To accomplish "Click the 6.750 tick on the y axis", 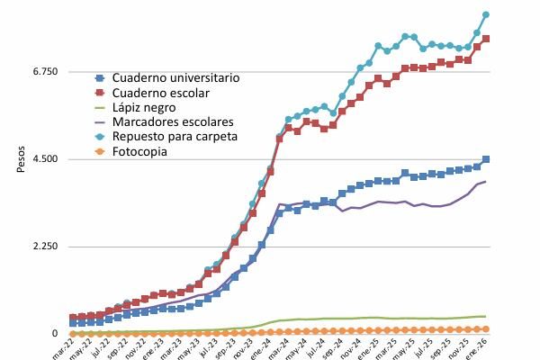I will click(x=44, y=71).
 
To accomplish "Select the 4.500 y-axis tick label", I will click(x=44, y=159).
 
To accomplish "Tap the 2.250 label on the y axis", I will click(x=44, y=247).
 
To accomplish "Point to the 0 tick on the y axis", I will click(x=55, y=334).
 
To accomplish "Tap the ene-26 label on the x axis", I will click(x=478, y=347).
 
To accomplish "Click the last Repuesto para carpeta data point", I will click(x=486, y=14).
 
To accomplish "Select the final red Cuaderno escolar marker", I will click(x=486, y=39).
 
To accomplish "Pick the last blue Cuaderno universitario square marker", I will click(x=486, y=159).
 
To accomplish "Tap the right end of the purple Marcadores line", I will click(x=486, y=182).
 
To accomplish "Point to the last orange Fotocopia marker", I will click(x=486, y=329).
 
